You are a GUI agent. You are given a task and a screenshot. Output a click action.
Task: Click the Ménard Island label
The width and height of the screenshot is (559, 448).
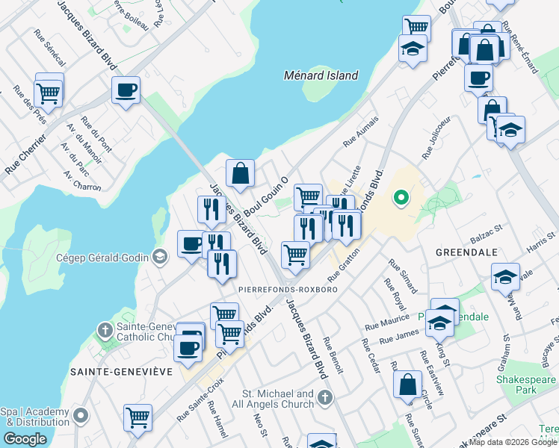[321, 75]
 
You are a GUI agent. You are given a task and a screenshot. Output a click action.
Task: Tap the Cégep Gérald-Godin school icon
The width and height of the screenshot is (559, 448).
[158, 258]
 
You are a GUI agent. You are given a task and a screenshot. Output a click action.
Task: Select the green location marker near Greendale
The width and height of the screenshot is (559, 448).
[401, 198]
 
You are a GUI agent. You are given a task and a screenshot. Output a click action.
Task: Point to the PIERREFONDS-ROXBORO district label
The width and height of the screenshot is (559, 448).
[288, 289]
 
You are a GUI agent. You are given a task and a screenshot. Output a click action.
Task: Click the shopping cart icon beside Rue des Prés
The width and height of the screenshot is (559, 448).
[49, 93]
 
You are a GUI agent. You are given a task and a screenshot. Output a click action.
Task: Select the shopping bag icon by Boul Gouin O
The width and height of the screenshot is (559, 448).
[241, 173]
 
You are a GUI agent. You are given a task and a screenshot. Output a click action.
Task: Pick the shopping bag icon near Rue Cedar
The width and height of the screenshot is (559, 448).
[407, 385]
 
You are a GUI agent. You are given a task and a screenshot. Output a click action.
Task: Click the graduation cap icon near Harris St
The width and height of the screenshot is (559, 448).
[505, 276]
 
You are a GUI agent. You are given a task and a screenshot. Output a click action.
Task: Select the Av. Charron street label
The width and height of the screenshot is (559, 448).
[82, 181]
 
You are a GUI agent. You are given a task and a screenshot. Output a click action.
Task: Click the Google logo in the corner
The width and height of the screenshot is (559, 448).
[25, 439]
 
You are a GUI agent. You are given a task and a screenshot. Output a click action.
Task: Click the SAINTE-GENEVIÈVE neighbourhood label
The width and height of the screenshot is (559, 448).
[121, 371]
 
